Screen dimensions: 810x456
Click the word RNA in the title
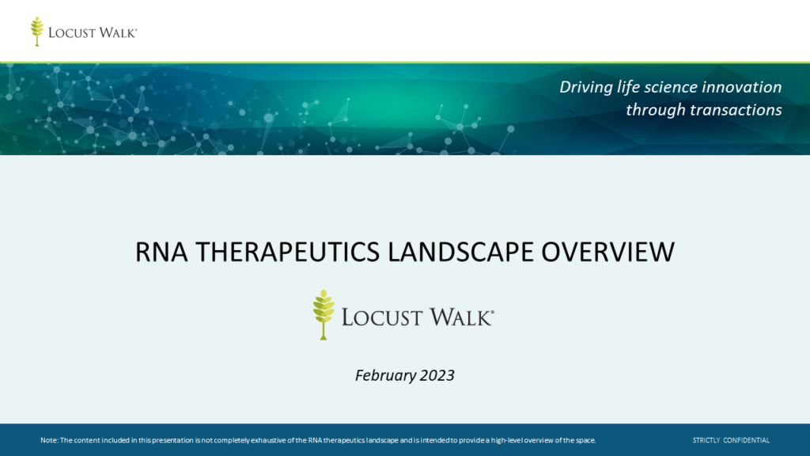click(161, 252)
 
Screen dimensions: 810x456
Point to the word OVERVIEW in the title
click(608, 252)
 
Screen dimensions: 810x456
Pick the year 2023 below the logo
click(437, 375)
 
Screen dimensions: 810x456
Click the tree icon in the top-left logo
click(37, 32)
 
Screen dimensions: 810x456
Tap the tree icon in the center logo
click(324, 315)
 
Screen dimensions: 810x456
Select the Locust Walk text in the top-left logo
click(93, 33)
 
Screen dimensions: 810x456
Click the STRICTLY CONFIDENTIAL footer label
click(731, 440)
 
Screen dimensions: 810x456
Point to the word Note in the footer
click(49, 440)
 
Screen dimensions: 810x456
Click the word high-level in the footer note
click(507, 440)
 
